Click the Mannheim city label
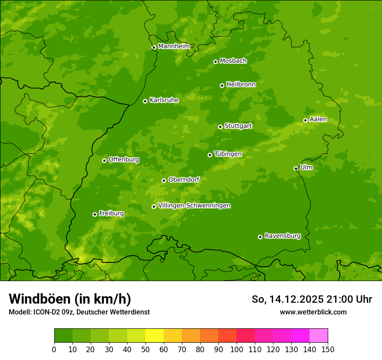point(174,46)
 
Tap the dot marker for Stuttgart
point(220,127)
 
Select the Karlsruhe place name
point(164,100)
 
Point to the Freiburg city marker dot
point(95,214)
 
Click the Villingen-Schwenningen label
point(194,206)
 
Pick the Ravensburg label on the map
point(283,236)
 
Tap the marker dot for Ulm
point(296,168)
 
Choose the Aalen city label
point(318,119)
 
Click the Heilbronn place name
point(241,85)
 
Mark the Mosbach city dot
point(215,62)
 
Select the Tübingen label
point(228,154)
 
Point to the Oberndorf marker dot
point(164,180)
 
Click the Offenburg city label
point(124,160)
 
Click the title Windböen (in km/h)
point(70,299)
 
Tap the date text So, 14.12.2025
point(287,299)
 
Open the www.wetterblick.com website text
point(313,312)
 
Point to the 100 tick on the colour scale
point(237,349)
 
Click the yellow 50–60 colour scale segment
point(155,336)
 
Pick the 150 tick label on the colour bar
point(328,349)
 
